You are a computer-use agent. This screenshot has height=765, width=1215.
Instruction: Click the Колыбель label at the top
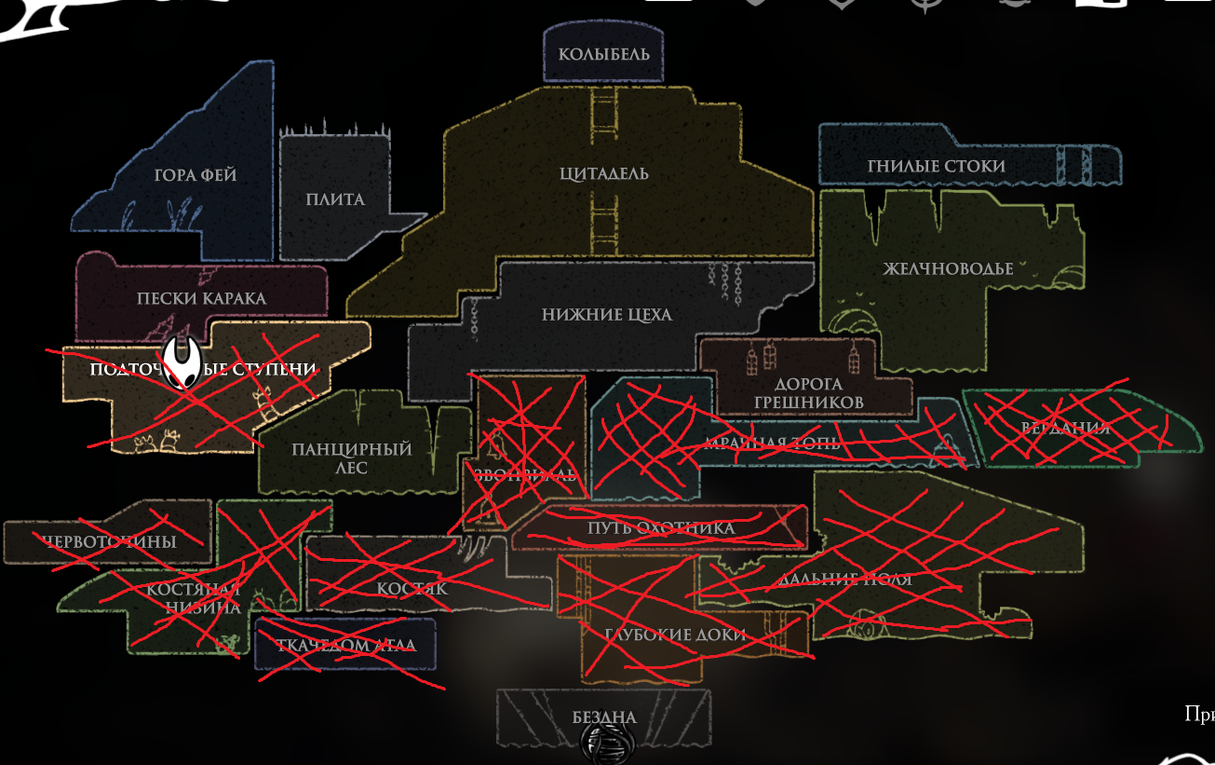click(604, 54)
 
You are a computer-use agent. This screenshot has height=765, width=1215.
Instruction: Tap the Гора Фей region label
click(196, 175)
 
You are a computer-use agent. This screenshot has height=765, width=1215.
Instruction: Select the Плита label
click(335, 199)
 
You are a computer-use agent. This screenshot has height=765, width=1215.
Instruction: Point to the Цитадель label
click(604, 173)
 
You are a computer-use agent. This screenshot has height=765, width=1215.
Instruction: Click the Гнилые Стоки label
click(936, 166)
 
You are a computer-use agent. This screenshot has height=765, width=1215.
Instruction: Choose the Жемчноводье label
click(948, 269)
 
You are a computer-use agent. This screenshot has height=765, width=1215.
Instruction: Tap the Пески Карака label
click(201, 298)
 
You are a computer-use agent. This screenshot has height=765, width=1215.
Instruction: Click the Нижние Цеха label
click(606, 315)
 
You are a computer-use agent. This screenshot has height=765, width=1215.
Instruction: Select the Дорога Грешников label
click(807, 392)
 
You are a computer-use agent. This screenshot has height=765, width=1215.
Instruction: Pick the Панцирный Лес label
click(351, 458)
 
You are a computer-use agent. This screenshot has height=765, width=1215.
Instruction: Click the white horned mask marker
click(182, 363)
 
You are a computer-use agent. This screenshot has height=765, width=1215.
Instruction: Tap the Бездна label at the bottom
click(604, 717)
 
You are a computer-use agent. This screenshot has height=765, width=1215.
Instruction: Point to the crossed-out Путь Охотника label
click(661, 528)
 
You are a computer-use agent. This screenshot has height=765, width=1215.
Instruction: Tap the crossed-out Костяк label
click(412, 588)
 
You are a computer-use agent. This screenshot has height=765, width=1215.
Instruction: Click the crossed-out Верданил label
click(1066, 428)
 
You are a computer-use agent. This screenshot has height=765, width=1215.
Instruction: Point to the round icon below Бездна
click(607, 743)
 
